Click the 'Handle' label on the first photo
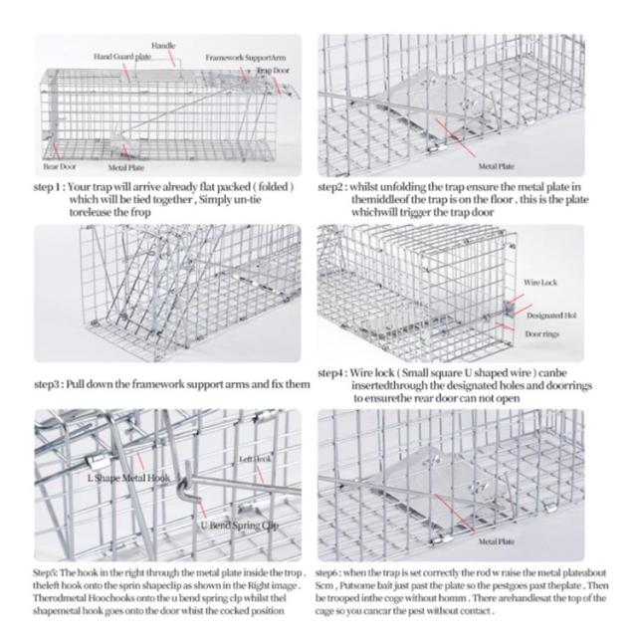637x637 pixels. [x=164, y=46]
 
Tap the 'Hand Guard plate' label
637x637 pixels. [x=122, y=57]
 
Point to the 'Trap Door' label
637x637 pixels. [x=272, y=72]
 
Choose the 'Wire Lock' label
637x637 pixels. [x=540, y=283]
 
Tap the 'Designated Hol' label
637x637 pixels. [x=545, y=315]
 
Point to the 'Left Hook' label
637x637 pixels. [x=255, y=459]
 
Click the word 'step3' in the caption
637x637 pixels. [x=47, y=383]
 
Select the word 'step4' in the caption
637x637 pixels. [x=330, y=373]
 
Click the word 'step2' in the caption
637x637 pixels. [x=331, y=186]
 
